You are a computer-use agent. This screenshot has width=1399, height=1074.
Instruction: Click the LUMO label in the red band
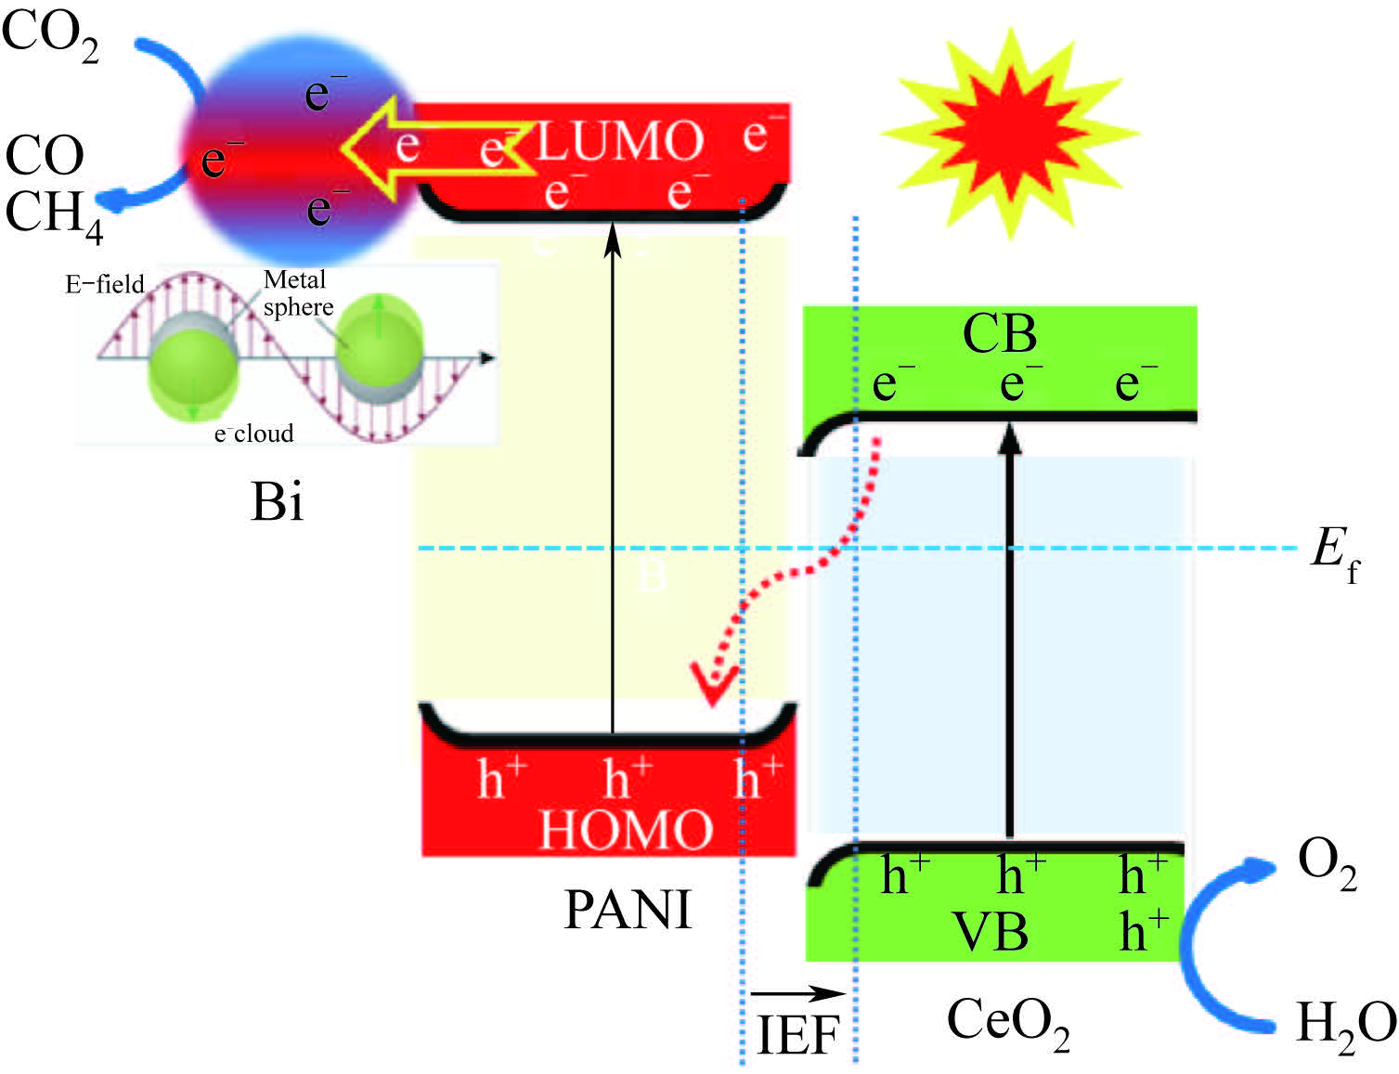[620, 142]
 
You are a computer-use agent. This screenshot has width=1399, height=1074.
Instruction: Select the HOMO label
[626, 829]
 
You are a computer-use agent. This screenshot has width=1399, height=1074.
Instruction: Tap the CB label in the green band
[999, 333]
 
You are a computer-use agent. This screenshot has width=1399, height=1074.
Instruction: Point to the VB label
[991, 931]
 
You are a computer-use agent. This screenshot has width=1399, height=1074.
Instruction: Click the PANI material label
[628, 910]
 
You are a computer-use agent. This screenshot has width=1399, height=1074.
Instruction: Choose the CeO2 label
[1007, 1023]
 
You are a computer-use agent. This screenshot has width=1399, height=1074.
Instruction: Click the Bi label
[277, 502]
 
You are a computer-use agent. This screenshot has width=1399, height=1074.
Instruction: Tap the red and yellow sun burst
[1009, 132]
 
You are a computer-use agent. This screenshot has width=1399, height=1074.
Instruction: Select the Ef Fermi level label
[1334, 553]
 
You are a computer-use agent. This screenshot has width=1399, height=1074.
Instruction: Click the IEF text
[797, 1035]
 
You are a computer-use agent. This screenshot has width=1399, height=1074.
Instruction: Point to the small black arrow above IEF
[797, 993]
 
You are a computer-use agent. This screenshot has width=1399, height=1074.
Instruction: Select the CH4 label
[54, 215]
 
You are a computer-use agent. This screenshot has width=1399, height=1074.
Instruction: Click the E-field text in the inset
[105, 284]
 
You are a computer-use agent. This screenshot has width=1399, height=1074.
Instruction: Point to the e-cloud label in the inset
[253, 433]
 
